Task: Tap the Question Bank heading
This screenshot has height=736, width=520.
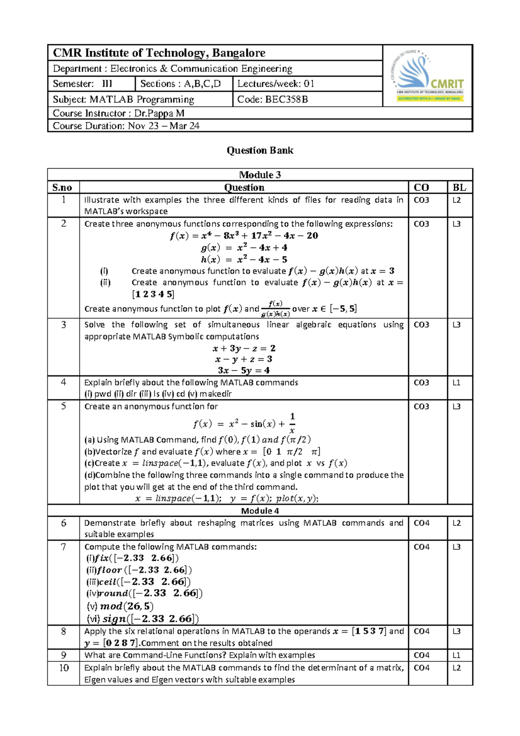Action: click(260, 150)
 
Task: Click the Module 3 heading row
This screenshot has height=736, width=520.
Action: click(260, 175)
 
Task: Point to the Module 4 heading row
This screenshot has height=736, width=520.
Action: click(260, 511)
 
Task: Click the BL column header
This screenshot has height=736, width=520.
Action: click(459, 187)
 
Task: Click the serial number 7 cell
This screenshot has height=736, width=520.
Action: click(63, 547)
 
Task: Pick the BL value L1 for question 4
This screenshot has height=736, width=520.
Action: click(457, 382)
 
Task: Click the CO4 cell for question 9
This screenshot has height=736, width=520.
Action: click(422, 655)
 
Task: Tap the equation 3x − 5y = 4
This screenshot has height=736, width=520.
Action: click(244, 370)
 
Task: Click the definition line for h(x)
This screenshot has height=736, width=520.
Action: click(244, 259)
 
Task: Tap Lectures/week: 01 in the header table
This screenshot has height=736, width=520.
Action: click(276, 84)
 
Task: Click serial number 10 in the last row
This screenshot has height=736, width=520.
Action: click(64, 668)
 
